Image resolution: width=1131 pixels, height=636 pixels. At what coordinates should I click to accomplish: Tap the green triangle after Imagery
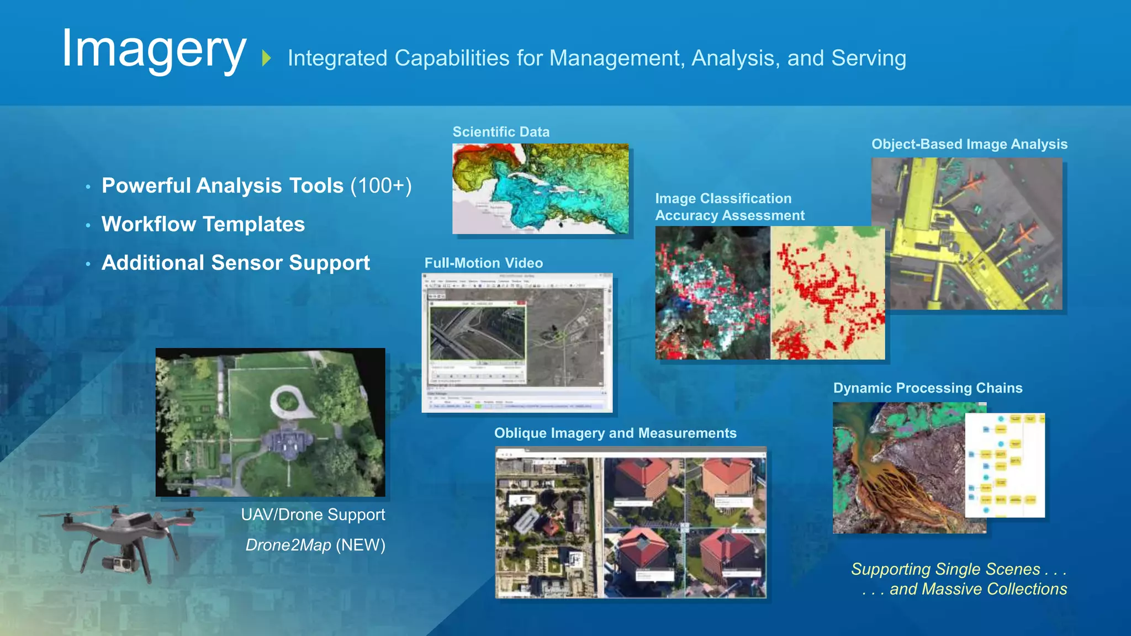coord(267,58)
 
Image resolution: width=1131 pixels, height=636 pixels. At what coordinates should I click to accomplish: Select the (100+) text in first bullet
coord(381,185)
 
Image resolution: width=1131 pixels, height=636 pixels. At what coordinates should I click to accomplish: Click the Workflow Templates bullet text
coord(203,224)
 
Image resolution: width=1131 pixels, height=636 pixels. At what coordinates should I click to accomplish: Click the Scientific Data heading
coord(501,132)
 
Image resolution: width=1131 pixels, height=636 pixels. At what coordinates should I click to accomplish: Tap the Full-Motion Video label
coord(483,263)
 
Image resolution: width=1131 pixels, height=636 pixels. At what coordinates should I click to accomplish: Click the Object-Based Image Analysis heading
coord(969,144)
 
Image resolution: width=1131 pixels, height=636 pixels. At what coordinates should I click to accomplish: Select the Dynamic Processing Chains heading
coord(928,388)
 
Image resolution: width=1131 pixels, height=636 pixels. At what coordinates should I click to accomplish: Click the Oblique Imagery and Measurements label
coord(615,433)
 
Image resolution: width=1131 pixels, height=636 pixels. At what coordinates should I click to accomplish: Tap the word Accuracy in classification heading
coord(686,216)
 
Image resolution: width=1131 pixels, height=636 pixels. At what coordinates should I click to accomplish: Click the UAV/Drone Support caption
coord(313,515)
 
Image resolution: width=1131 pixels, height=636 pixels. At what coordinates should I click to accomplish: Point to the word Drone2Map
coord(288,545)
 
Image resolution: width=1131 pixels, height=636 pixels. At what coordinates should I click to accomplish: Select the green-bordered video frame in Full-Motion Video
coord(478,333)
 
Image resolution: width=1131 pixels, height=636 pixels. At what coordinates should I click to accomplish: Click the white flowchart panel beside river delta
coord(1005,465)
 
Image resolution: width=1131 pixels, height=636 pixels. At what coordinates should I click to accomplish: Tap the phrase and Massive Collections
coord(978,589)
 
